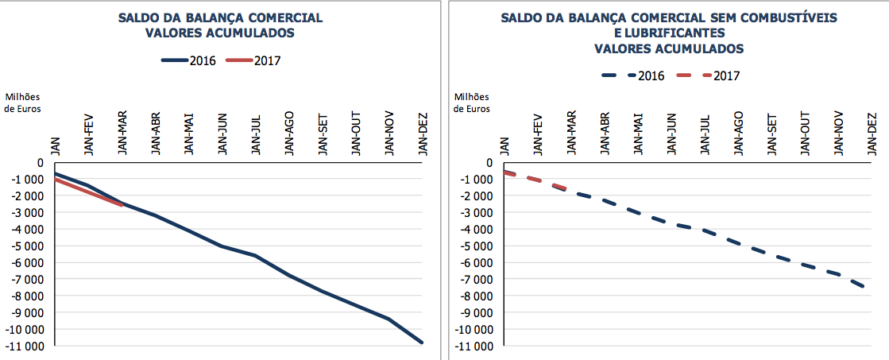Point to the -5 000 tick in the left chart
[29, 246]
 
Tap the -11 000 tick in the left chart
[26, 346]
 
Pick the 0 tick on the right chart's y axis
[489, 163]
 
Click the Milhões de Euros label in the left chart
[22, 103]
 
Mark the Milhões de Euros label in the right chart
[473, 103]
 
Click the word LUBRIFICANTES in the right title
[669, 33]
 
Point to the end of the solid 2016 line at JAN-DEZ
[422, 343]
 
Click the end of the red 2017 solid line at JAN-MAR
[122, 205]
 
